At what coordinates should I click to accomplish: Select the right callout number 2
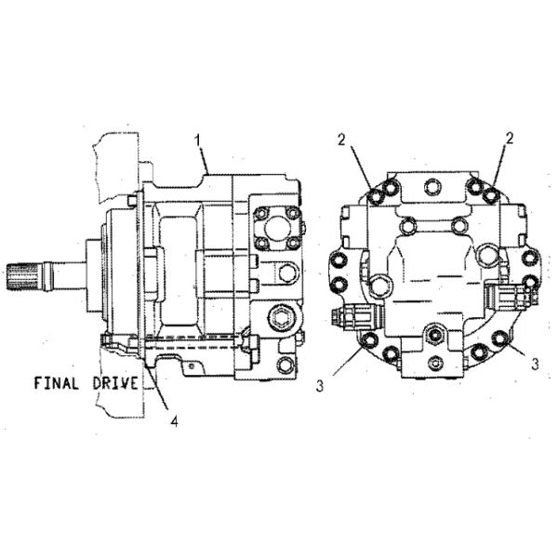click(510, 139)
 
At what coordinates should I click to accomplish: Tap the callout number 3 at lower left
click(319, 385)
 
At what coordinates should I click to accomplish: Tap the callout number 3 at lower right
click(536, 365)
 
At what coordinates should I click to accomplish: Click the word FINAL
click(61, 382)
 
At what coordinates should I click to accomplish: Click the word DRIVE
click(118, 382)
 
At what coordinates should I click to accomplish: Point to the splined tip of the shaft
click(21, 276)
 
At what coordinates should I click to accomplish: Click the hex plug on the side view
click(279, 322)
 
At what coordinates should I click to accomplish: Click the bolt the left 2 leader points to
click(373, 196)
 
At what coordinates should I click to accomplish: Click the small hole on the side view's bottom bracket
click(190, 367)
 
